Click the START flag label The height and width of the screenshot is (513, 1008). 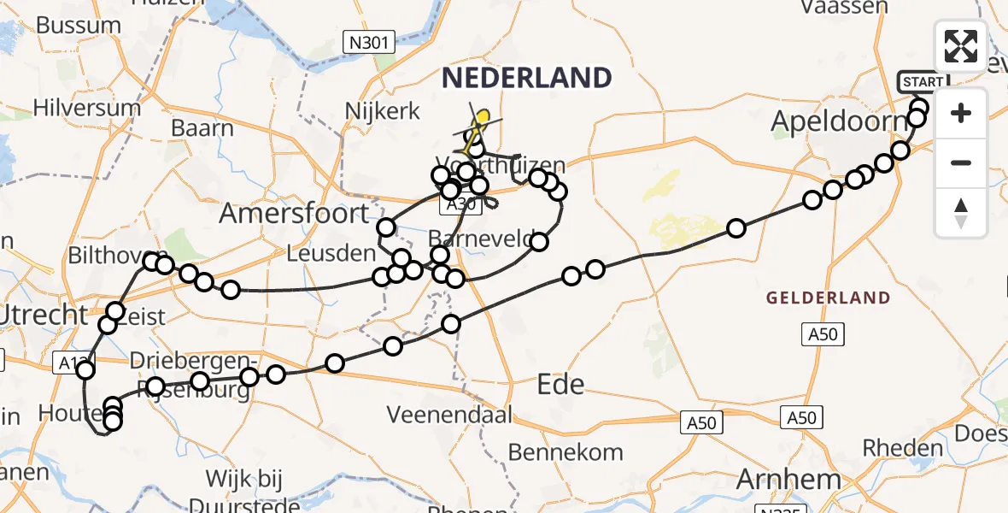pos(923,82)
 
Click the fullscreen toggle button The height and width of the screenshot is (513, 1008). pos(961,46)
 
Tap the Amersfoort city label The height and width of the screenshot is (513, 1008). pos(294,212)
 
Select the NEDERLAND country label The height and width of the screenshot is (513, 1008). pos(526,78)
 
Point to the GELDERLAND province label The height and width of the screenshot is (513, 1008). pos(828,298)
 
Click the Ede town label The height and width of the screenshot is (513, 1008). pos(561,385)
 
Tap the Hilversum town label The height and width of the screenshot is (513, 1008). pos(87,108)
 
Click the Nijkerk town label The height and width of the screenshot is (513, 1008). pos(383,110)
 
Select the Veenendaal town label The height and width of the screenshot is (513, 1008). pos(449,416)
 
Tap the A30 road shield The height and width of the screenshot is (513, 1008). pos(457,206)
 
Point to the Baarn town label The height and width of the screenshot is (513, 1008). pos(202,129)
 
